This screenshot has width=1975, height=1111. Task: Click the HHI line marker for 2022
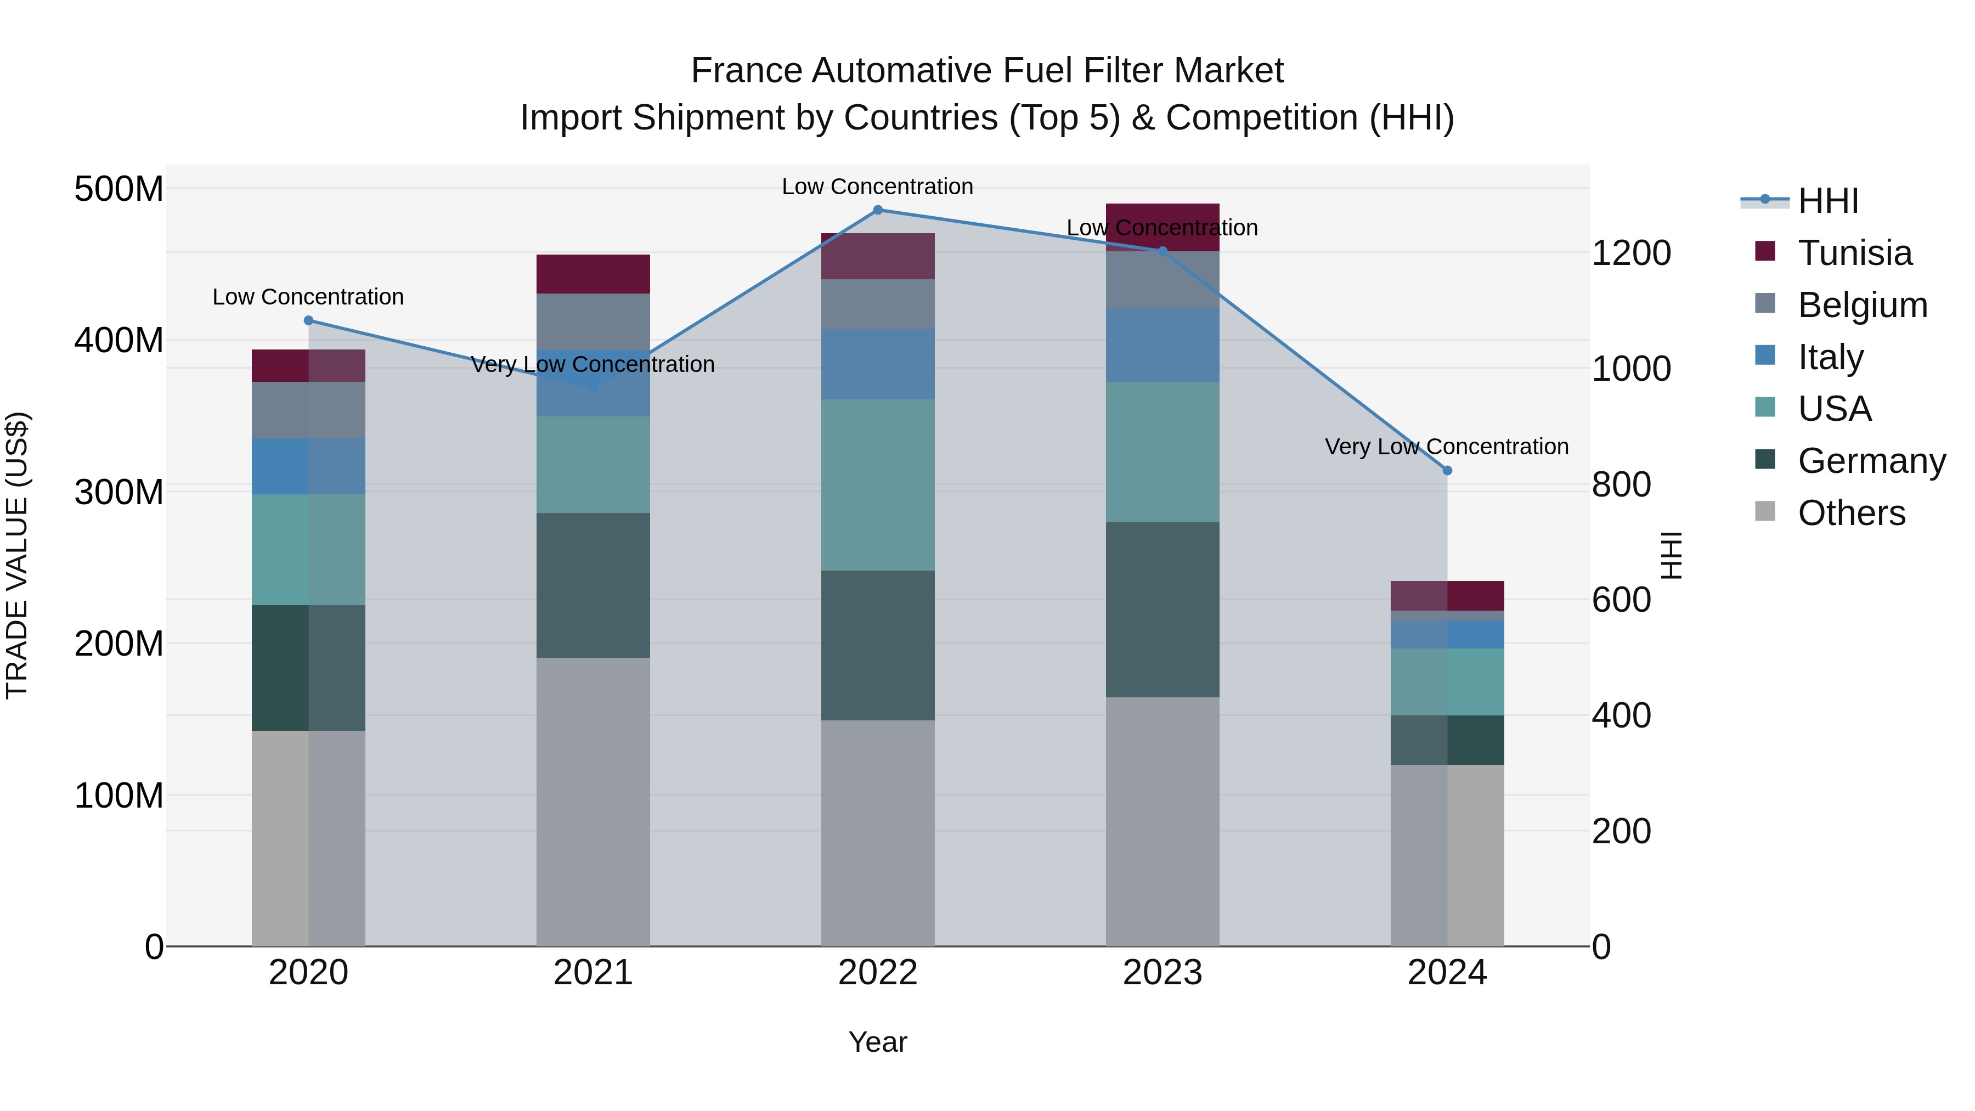coord(878,210)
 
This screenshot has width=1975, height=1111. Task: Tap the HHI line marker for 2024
coord(1447,471)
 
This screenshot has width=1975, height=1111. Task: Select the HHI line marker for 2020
coord(309,320)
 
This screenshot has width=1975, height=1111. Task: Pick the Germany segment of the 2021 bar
coord(592,585)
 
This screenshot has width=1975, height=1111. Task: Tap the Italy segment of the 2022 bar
coord(878,364)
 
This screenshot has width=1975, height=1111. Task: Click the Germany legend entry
coord(1871,461)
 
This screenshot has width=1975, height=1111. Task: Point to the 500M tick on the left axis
coord(119,189)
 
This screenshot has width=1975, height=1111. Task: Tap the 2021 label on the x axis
coord(592,973)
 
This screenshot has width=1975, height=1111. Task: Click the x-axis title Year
coord(878,1042)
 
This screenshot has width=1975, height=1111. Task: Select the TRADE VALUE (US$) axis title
coord(17,555)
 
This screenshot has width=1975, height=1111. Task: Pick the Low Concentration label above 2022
coord(877,187)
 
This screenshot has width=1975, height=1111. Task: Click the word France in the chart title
coord(748,71)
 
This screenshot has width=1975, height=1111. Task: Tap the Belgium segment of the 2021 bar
coord(592,322)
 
